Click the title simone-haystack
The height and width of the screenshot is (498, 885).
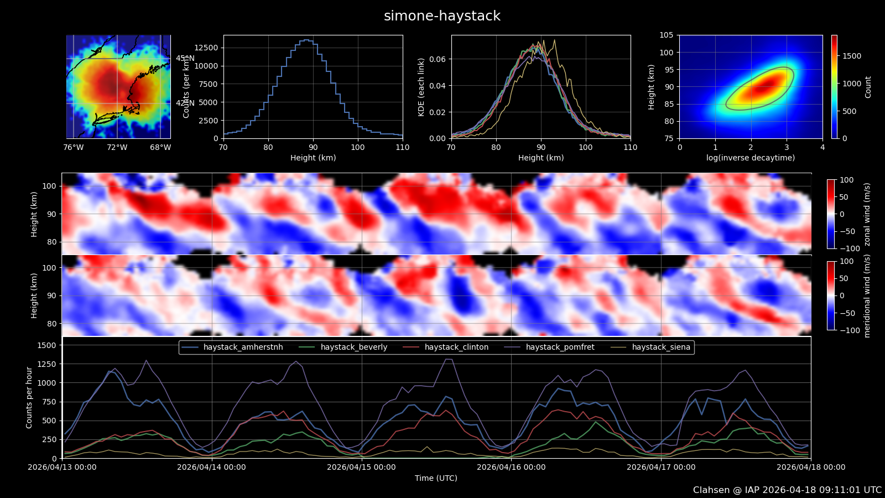coord(442,16)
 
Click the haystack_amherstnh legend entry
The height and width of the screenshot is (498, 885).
coord(243,347)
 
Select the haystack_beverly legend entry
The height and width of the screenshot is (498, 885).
coord(353,347)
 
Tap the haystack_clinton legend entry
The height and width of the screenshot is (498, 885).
coord(456,347)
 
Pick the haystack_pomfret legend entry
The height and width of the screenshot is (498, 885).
coord(560,347)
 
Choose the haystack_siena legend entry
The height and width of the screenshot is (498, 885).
coord(661,347)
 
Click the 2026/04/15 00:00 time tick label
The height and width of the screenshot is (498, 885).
coord(361,467)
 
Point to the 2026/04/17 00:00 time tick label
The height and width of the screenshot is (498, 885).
coord(661,467)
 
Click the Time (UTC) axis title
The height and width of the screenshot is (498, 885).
coord(436,478)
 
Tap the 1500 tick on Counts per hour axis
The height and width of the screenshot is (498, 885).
coord(46,345)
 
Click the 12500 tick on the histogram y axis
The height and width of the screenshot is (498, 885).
coord(206,48)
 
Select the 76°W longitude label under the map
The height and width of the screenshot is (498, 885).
coord(74,147)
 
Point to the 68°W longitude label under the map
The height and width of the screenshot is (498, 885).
coord(160,147)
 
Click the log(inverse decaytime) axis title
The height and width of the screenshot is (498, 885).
coord(751,158)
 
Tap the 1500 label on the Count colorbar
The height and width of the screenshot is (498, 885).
coord(852,56)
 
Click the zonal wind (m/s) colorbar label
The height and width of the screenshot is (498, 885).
coord(867,214)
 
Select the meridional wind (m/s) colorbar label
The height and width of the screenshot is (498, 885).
coord(867,296)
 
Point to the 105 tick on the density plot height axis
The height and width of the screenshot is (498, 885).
coord(666,35)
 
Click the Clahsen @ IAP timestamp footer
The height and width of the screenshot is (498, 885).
coord(787,490)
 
